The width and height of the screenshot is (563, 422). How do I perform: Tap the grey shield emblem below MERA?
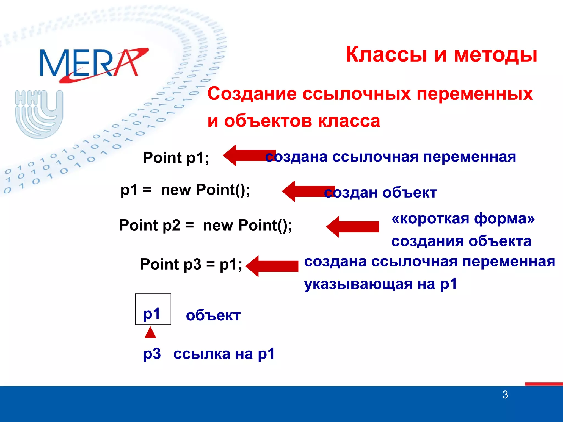pos(39,114)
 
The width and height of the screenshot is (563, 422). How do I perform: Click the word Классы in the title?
pos(386,54)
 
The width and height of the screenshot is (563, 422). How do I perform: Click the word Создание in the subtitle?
pos(252,94)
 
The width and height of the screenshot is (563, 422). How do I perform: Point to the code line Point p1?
pos(176,158)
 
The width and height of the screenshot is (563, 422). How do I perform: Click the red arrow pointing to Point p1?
pos(247,155)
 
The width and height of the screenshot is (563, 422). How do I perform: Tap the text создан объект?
pos(381,192)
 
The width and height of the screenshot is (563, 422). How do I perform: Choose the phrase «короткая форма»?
pos(463,219)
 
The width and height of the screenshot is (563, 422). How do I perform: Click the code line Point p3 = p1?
pos(191,264)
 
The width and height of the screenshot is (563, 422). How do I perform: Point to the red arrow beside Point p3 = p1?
pos(272,266)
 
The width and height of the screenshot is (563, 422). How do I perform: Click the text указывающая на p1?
pos(380,284)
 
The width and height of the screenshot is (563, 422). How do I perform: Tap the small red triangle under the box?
pos(150,333)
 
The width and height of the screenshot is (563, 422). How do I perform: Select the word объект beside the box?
pos(213,315)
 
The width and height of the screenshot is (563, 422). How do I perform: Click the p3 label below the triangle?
pos(152,354)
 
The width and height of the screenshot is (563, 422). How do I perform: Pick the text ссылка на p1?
pos(224,354)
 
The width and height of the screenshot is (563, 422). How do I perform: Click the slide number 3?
pos(505,395)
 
